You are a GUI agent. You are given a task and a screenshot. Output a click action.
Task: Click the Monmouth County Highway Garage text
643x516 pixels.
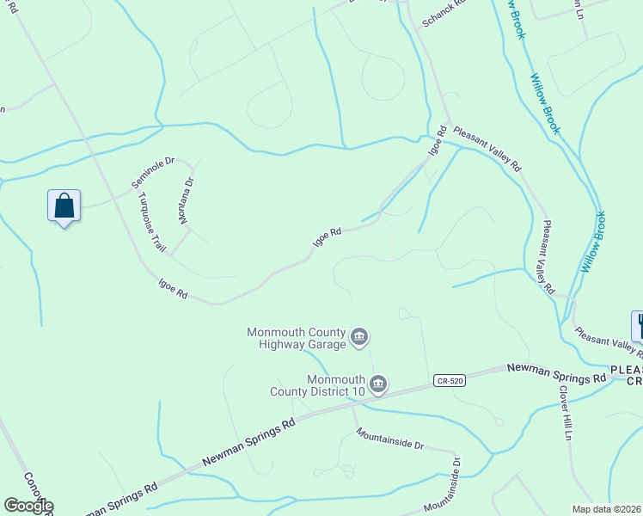(x=296, y=339)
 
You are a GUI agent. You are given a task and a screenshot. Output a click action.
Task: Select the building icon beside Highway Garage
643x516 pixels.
(x=360, y=337)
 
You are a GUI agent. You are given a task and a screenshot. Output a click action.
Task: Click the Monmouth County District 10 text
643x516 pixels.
(x=336, y=386)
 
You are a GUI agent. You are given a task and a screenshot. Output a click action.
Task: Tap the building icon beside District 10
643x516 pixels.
(x=378, y=384)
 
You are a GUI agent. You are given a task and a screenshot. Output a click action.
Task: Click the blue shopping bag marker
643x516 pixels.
(x=64, y=206)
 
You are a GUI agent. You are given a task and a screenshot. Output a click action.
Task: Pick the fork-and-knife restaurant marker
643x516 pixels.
(x=640, y=326)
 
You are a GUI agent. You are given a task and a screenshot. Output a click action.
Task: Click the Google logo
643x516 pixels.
(x=28, y=506)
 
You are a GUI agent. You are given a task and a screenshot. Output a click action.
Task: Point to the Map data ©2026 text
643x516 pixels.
(x=607, y=509)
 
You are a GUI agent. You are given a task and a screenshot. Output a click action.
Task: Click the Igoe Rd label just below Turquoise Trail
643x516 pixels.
(x=173, y=288)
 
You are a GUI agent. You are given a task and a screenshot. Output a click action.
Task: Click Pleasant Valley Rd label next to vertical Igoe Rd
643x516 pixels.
(x=487, y=148)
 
